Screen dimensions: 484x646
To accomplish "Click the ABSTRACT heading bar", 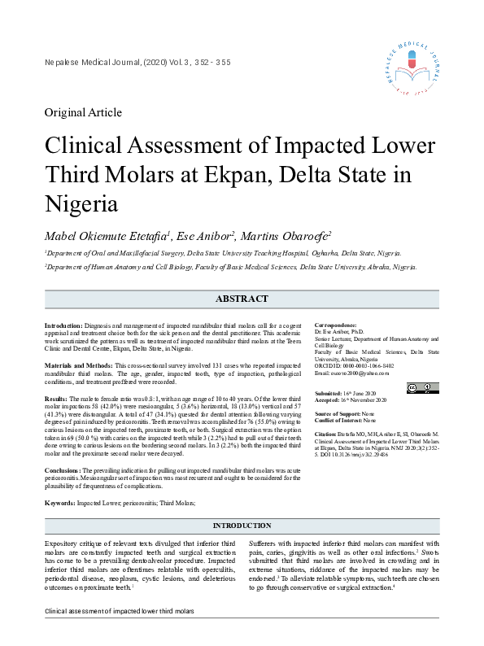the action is click(x=242, y=299).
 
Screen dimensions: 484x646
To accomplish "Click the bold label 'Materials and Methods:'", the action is click(x=78, y=366).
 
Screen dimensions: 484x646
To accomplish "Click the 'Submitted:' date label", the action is click(x=329, y=393).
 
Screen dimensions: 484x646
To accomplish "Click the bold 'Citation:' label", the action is click(x=326, y=434).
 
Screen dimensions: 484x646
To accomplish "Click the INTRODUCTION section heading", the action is click(x=242, y=526).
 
